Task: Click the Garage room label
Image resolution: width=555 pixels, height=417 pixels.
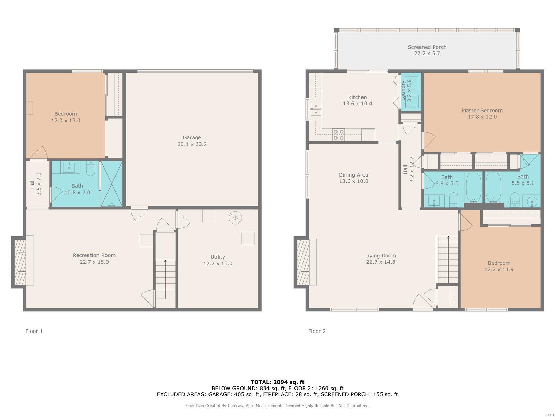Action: (x=192, y=137)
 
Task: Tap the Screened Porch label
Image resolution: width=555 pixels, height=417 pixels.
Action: (x=427, y=47)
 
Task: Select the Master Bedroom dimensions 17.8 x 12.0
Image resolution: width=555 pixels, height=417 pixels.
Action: (x=482, y=117)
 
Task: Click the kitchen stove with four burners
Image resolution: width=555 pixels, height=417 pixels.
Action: (x=338, y=135)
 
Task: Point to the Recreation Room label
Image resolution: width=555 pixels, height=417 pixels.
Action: (x=94, y=255)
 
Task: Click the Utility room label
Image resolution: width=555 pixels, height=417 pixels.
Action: (x=218, y=257)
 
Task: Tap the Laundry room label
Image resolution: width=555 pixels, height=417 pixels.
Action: (x=403, y=90)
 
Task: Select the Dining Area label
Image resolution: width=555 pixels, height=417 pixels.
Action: (x=353, y=175)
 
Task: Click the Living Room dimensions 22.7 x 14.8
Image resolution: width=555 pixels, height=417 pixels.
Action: (x=381, y=262)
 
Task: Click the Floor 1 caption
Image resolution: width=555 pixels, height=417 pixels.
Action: (x=34, y=331)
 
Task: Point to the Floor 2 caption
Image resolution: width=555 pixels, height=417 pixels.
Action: (x=317, y=331)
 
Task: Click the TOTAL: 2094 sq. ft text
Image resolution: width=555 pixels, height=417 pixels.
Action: (x=277, y=382)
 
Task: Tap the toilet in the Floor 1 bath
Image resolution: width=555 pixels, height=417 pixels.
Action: (x=90, y=169)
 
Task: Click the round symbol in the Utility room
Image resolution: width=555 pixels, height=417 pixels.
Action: (x=236, y=218)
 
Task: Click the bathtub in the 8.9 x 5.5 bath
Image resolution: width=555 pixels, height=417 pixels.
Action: (x=473, y=188)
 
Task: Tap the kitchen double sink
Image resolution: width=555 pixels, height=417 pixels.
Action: (x=316, y=109)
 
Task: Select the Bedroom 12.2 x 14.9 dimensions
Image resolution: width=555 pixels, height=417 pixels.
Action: (x=499, y=269)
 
